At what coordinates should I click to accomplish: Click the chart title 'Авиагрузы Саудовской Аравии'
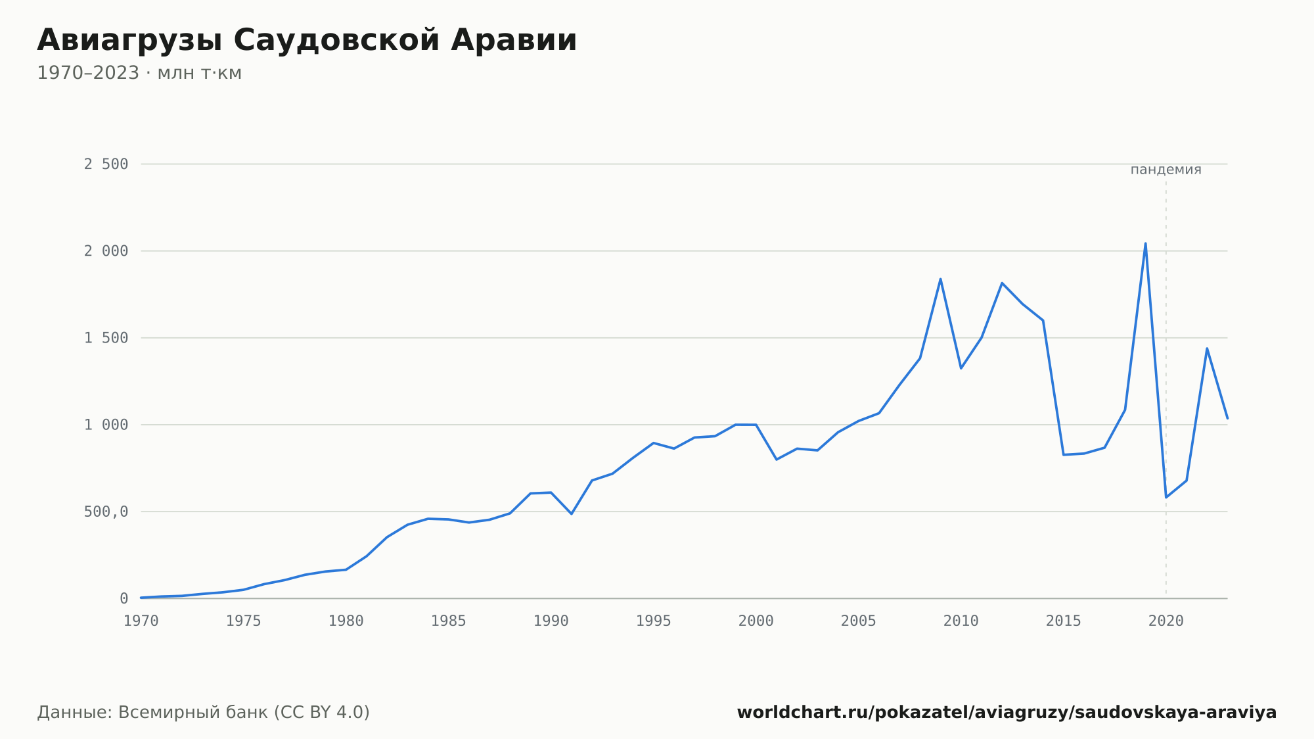[307, 41]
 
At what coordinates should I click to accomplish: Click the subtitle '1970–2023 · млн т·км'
[139, 73]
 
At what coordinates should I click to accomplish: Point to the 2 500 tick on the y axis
[106, 164]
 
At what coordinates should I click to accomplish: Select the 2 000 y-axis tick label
[106, 251]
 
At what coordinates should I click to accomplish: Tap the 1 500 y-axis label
[106, 338]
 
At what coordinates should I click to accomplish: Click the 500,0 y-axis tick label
[106, 512]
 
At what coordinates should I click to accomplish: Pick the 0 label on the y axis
[124, 599]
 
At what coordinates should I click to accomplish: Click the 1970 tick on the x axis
[141, 621]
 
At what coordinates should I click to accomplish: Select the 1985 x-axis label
[449, 621]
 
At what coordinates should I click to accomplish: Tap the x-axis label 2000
[756, 621]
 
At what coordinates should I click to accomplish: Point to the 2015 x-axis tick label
[1064, 621]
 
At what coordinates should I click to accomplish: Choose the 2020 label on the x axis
[1166, 621]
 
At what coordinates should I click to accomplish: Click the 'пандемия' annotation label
[1166, 170]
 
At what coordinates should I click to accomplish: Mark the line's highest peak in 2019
[1145, 243]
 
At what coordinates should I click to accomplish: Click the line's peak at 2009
[940, 279]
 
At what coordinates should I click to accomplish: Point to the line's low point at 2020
[1166, 497]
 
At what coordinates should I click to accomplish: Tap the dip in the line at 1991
[572, 513]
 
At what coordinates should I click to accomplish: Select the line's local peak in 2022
[1207, 348]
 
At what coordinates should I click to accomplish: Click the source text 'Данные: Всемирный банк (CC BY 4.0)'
[204, 713]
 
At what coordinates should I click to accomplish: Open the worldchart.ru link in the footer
[1007, 713]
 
